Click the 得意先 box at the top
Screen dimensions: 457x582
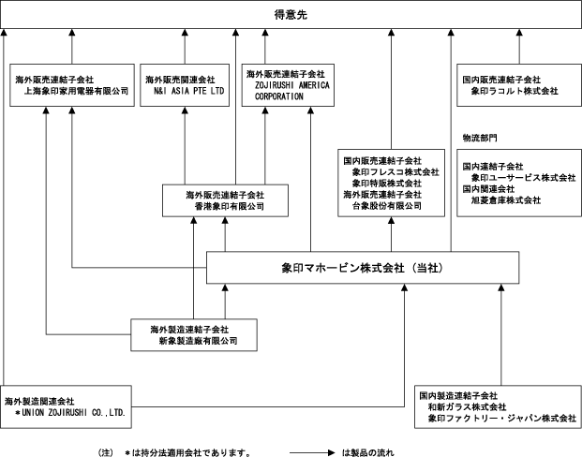(291, 15)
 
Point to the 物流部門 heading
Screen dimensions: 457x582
(478, 138)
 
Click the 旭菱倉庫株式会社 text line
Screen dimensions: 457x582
(505, 199)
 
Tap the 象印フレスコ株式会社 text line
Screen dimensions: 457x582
(395, 171)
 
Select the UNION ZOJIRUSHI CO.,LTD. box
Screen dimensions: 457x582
(67, 405)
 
